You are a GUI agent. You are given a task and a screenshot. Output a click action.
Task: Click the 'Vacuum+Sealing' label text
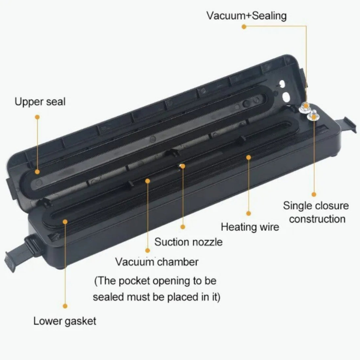point(246,16)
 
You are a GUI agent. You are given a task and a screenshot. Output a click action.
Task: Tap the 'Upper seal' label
point(40,102)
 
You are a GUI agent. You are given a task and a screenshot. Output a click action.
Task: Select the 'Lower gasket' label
point(65,321)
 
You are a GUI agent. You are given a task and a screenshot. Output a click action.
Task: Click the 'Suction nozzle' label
point(188,242)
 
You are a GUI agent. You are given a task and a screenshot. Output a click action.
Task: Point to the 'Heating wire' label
point(250,227)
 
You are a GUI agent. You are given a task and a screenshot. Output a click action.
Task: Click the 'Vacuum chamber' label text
point(157,262)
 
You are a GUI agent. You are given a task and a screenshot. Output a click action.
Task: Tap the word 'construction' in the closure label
point(317,219)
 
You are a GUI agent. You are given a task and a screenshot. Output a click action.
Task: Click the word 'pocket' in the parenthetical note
point(134,281)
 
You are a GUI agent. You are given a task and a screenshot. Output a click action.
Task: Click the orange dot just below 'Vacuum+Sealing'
point(244,27)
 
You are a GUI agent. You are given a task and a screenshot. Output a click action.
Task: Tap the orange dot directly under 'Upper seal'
point(37,117)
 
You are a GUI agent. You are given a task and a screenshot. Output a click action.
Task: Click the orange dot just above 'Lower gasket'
point(65,306)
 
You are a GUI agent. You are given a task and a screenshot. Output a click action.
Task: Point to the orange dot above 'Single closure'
point(314,194)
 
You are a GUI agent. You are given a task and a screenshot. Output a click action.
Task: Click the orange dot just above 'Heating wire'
point(248,214)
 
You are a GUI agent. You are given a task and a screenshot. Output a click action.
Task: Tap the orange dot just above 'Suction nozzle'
point(183,227)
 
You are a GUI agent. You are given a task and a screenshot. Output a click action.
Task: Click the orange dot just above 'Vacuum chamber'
point(147,250)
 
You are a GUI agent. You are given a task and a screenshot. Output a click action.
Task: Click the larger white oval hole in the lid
point(286,97)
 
